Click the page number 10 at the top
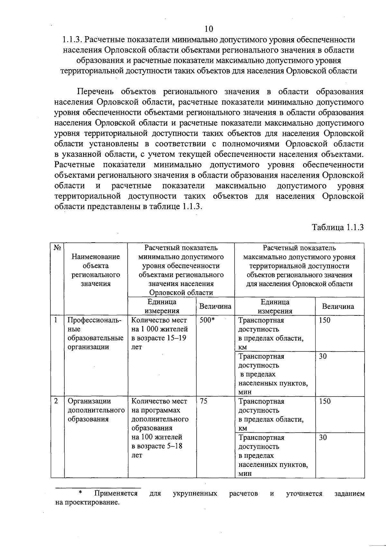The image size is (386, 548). [x=208, y=29]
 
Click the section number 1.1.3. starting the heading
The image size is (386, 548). [x=72, y=40]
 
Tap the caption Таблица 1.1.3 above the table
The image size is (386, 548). [x=338, y=227]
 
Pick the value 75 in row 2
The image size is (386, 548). [x=203, y=401]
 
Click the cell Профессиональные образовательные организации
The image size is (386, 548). [x=96, y=333]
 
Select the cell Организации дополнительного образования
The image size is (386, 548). [x=96, y=410]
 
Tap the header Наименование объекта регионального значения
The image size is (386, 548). [x=96, y=270]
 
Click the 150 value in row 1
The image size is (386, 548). [x=325, y=320]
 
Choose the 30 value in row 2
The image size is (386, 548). [x=323, y=437]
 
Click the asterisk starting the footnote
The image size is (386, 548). [x=81, y=493]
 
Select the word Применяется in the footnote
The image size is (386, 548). [x=116, y=494]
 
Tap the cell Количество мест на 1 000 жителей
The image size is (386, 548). [x=159, y=333]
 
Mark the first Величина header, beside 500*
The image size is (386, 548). [x=215, y=306]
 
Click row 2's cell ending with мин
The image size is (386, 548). [x=273, y=455]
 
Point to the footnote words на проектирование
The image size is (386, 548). [x=87, y=503]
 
